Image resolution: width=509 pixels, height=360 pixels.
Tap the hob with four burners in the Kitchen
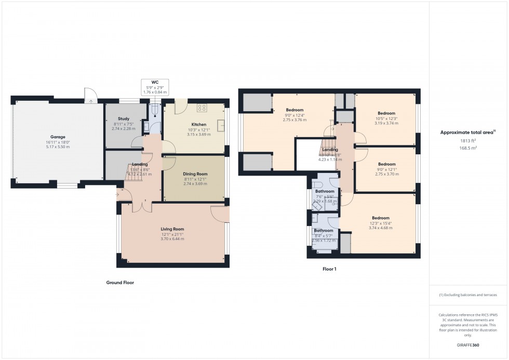(x=202, y=109)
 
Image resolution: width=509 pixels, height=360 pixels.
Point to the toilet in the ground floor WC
(x=154, y=110)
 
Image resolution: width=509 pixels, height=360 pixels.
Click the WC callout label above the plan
(x=154, y=82)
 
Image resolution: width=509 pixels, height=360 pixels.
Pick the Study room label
(x=123, y=118)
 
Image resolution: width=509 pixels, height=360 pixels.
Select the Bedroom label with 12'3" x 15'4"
(x=380, y=218)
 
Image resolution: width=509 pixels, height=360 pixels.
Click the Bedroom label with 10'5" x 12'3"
(x=386, y=113)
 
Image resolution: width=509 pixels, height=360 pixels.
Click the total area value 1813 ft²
(x=468, y=140)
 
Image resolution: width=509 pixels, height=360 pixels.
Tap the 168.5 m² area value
(x=468, y=148)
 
